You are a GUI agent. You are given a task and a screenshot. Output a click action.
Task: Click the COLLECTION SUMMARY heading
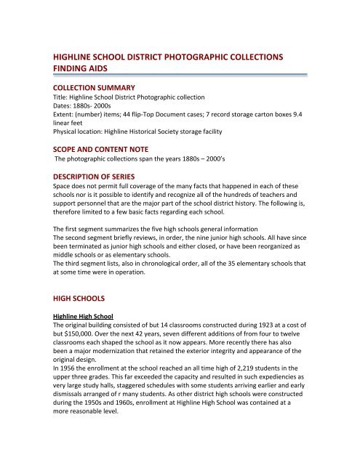point(98,86)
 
